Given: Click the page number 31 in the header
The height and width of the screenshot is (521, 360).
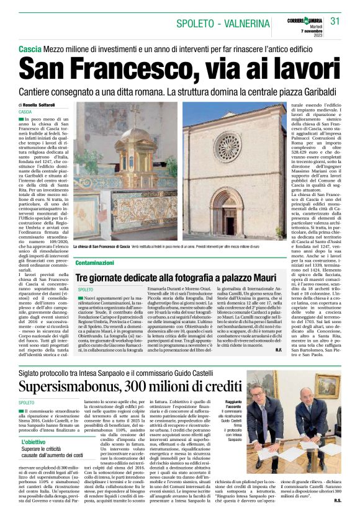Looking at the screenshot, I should [335, 21].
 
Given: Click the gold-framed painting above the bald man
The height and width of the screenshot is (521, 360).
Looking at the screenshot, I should [327, 385].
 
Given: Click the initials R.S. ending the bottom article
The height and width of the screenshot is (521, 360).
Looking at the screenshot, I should [337, 498].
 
